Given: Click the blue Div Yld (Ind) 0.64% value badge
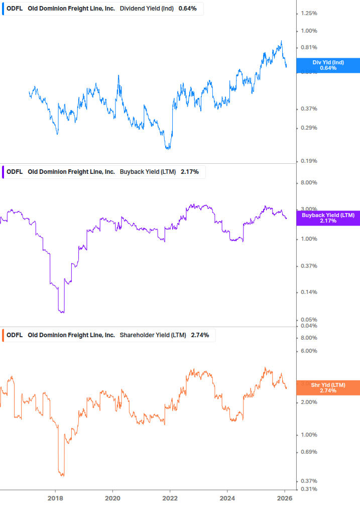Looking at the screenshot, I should (x=328, y=65).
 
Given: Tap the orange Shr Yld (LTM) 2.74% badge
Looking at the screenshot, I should (x=328, y=387).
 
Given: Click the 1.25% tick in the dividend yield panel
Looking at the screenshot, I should (x=308, y=13).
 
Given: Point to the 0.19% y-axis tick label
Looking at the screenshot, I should (x=308, y=161).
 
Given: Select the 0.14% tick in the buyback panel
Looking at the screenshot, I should (x=308, y=292).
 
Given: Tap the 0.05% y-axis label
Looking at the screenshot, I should (x=308, y=320).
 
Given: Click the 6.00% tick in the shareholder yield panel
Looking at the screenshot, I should (x=308, y=351).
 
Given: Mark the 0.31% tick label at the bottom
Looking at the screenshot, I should (x=308, y=489).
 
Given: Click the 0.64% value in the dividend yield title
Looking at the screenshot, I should (x=188, y=9).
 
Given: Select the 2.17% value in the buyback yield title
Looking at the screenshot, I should (x=190, y=172).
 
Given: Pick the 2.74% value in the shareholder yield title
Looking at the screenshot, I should (x=200, y=335).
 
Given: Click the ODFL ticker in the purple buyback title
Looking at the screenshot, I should (x=15, y=172).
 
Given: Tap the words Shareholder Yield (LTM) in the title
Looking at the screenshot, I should (x=153, y=335).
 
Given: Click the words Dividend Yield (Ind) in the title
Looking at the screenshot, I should (x=148, y=9).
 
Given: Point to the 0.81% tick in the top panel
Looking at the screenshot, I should (x=308, y=48).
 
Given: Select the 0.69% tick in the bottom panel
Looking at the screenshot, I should (x=308, y=452).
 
